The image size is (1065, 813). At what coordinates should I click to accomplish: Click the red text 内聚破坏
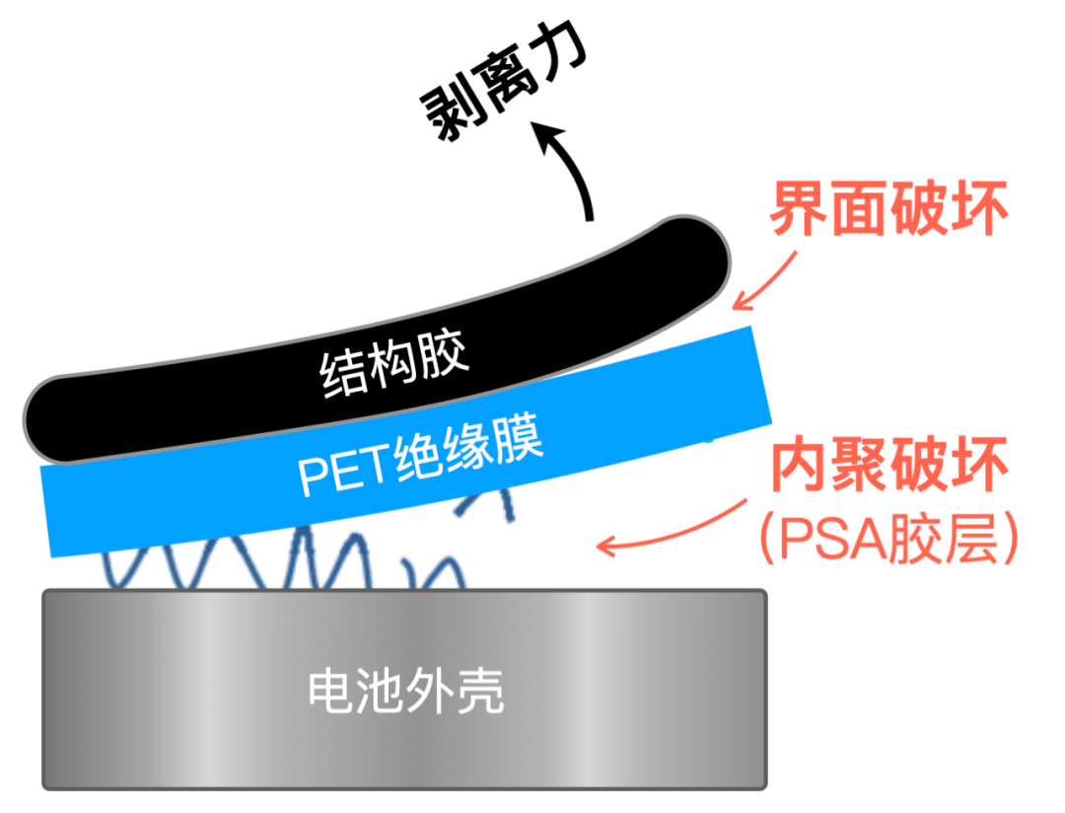coord(888,467)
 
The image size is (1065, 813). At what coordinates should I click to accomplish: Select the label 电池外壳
coord(405,690)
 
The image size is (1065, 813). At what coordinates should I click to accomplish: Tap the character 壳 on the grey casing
coord(479,690)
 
